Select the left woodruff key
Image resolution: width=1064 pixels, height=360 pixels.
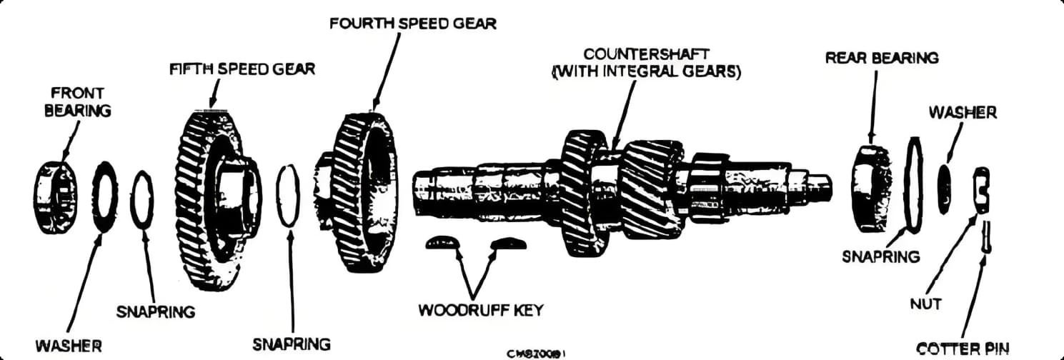click(x=443, y=244)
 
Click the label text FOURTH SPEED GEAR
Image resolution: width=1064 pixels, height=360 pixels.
click(x=412, y=23)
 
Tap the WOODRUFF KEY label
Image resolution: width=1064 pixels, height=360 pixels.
click(x=480, y=311)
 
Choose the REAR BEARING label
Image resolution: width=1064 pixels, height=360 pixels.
click(x=882, y=57)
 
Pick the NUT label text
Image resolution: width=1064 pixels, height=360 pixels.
click(x=927, y=304)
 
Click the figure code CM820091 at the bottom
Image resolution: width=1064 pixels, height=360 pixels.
click(x=537, y=353)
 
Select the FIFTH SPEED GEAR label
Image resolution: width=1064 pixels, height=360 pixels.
click(x=242, y=69)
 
